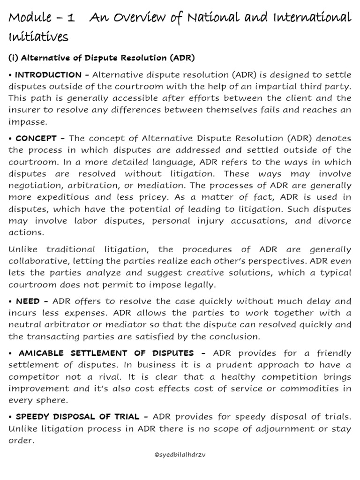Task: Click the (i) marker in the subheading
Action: (x=14, y=58)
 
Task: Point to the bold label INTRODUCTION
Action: (x=49, y=75)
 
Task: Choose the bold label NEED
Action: (x=27, y=301)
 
